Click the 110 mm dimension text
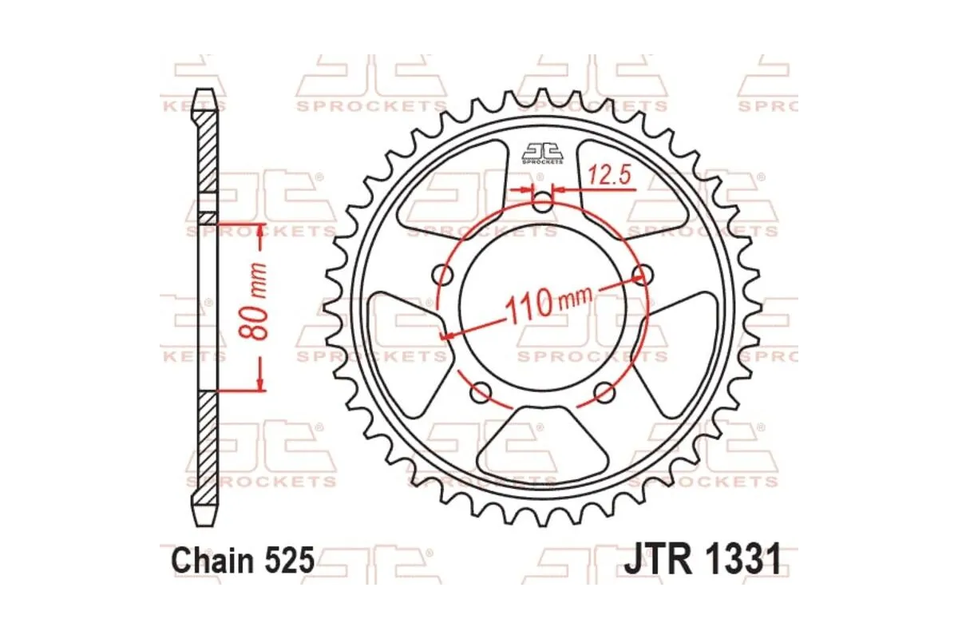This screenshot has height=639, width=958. click(x=546, y=303)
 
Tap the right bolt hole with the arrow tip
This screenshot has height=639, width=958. click(x=639, y=275)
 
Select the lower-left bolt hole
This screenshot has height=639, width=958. click(x=480, y=392)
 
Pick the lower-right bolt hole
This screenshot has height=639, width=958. click(x=604, y=392)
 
